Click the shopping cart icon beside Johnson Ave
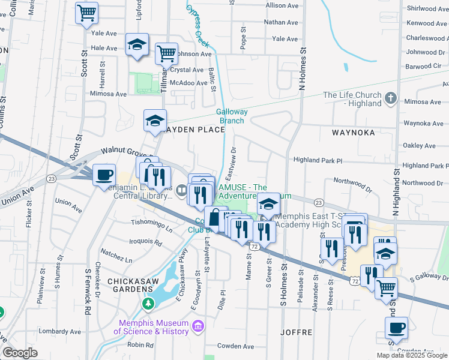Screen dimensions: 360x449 [x=166, y=53]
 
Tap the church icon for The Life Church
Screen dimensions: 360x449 [x=390, y=98]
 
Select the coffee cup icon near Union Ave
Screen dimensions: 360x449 [x=104, y=175]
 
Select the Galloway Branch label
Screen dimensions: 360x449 [x=231, y=116]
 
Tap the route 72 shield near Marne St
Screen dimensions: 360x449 [x=255, y=247]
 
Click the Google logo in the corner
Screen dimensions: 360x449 [x=20, y=353]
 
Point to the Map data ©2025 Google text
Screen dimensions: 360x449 [x=411, y=355]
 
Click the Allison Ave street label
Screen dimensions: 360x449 [x=282, y=5]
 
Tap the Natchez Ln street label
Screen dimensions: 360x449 [x=116, y=255]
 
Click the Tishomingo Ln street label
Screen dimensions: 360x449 [x=152, y=225]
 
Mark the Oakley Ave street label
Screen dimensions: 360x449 [x=420, y=146]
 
